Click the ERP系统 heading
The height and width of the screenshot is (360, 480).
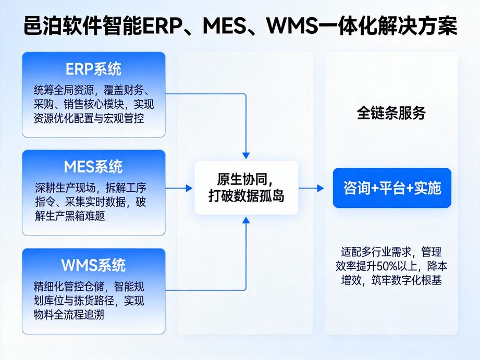point(93,69)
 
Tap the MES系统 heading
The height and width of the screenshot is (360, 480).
point(93,167)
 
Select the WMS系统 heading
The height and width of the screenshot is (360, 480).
point(93,265)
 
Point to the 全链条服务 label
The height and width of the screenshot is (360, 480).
point(391,113)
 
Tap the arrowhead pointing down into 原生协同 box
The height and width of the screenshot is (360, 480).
point(246,155)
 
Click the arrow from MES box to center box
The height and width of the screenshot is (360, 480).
point(180,188)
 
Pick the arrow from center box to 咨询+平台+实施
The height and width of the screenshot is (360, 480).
point(314,188)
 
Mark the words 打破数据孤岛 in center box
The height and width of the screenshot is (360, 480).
point(246,197)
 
